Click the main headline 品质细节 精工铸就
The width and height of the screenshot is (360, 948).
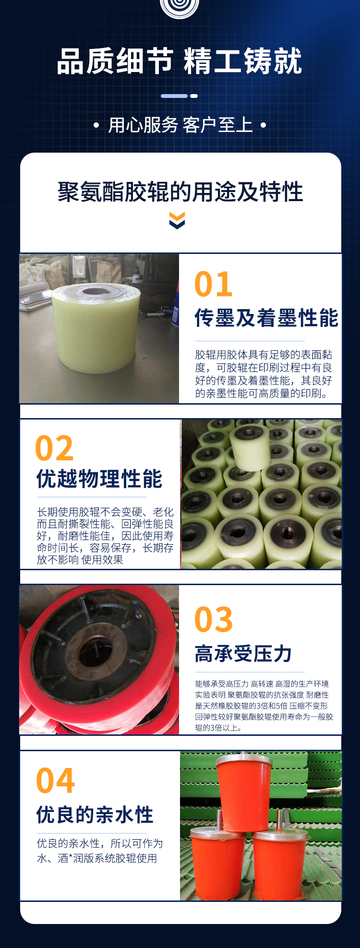pyautogui.click(x=180, y=61)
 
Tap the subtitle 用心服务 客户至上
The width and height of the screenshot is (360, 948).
pyautogui.click(x=180, y=125)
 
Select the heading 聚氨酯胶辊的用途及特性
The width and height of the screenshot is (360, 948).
pyautogui.click(x=180, y=192)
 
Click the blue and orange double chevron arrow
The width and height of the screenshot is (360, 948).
pyautogui.click(x=177, y=220)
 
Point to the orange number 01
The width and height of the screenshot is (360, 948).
pyautogui.click(x=214, y=284)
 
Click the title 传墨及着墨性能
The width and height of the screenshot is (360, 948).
pyautogui.click(x=266, y=318)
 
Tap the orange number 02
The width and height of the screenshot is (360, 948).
pyautogui.click(x=54, y=448)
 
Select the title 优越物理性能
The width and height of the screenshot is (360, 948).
pyautogui.click(x=99, y=479)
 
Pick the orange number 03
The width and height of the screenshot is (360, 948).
pyautogui.click(x=214, y=620)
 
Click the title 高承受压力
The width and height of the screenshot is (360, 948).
pyautogui.click(x=243, y=653)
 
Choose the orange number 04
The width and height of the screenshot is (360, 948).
pyautogui.click(x=55, y=781)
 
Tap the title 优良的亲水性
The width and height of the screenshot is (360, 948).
pyautogui.click(x=95, y=815)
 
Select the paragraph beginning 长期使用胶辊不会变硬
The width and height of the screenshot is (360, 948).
pyautogui.click(x=105, y=536)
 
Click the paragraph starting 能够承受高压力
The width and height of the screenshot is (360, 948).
pyautogui.click(x=264, y=706)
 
